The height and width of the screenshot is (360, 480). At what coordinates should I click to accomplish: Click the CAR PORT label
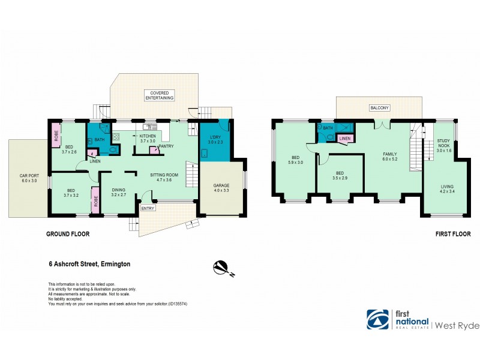pos(28,178)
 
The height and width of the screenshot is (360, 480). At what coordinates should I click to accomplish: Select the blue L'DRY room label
pos(215,140)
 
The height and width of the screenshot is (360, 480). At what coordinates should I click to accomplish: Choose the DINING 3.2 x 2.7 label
pos(118,193)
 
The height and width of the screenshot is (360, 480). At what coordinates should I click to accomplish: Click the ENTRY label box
pos(146,208)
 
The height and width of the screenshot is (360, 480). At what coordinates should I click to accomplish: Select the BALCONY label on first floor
pos(380,108)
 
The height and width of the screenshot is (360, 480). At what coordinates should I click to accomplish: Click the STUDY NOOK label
pos(443,142)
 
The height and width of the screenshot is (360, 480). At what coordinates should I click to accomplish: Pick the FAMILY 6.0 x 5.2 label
pos(390,157)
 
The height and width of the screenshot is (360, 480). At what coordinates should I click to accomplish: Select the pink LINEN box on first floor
pos(344,139)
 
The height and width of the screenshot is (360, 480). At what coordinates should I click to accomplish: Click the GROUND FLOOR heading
pos(68,235)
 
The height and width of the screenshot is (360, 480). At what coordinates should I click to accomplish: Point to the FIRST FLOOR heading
pos(452,235)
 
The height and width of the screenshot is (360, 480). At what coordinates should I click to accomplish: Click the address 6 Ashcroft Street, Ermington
pos(89,263)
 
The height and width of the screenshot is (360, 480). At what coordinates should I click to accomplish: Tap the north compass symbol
pos(221,267)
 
